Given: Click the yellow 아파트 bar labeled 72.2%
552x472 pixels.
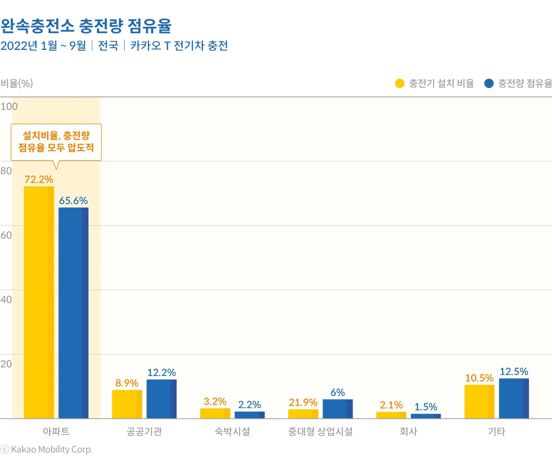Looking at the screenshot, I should point(39,302).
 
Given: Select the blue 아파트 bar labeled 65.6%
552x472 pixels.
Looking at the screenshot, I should point(73,313).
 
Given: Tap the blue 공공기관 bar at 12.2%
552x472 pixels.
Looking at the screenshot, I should point(162,399).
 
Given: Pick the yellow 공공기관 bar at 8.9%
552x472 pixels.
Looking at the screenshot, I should point(127,404).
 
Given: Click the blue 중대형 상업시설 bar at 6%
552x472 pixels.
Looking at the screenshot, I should point(338,409).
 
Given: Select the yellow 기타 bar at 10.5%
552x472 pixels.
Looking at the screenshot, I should point(479,401).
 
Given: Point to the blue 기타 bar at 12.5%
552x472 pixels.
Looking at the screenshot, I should point(514,398).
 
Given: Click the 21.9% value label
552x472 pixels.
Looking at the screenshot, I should point(303,402).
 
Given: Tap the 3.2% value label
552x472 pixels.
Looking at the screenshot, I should point(215,401).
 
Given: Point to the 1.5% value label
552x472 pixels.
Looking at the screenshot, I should point(426,407).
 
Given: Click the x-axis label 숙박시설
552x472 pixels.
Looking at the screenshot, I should point(232,431).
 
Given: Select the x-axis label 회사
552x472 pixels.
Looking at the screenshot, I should point(408,431).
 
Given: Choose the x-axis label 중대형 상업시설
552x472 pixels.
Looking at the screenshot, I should point(320,431).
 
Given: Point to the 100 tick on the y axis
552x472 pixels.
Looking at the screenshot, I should point(9,106).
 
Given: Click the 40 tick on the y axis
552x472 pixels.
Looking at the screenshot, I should point(6,299).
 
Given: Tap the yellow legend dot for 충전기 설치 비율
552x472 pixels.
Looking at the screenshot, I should point(400,83).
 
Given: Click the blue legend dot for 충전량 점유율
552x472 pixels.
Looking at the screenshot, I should point(489,83).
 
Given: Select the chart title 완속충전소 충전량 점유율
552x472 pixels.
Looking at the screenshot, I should point(86,26).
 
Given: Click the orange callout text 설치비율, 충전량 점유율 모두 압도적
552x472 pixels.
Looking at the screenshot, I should point(56,142).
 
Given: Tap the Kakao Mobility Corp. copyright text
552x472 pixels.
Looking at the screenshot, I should point(51,449).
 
